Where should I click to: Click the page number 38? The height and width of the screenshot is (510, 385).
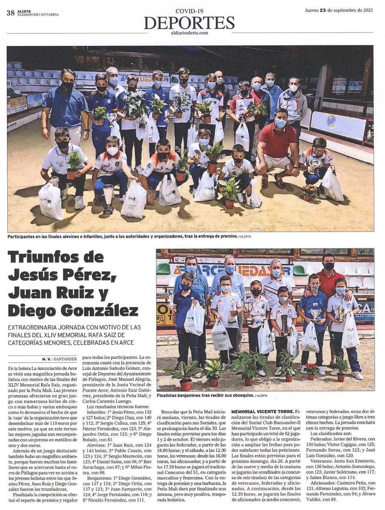(11, 13)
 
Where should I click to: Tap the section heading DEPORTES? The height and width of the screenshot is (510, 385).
(189, 22)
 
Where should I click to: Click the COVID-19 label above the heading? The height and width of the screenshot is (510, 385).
(189, 10)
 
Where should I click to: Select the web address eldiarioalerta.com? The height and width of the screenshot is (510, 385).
(189, 33)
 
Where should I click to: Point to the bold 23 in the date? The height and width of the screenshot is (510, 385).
(323, 11)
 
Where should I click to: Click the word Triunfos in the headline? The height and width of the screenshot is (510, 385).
(44, 259)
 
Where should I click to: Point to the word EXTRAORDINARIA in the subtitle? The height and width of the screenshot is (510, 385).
(34, 328)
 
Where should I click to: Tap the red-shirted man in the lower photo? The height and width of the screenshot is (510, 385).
(329, 283)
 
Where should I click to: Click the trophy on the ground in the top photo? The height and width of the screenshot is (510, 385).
(109, 200)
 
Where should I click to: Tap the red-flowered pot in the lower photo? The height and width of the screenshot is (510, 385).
(311, 370)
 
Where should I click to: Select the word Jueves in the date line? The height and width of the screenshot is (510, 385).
(311, 11)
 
